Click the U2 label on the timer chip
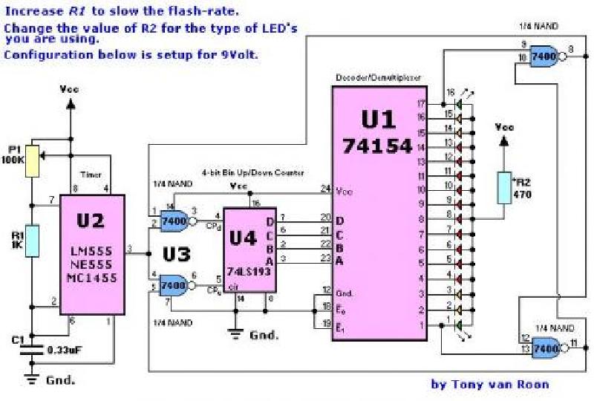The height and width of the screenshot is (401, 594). [91, 221]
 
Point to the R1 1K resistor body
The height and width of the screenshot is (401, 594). [32, 241]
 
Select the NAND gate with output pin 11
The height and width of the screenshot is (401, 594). [544, 345]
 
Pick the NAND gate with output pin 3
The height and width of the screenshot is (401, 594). [174, 219]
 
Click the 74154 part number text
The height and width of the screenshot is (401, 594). [377, 146]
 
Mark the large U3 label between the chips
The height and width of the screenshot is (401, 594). [177, 254]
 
